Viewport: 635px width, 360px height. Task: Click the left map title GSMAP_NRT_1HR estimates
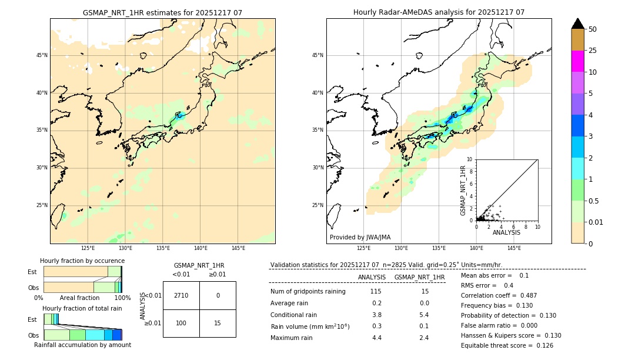pyautogui.click(x=162, y=12)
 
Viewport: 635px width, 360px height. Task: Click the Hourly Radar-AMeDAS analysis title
pyautogui.click(x=439, y=12)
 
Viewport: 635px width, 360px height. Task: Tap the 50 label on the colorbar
pyautogui.click(x=593, y=29)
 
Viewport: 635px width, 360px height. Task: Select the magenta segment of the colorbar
pyautogui.click(x=578, y=61)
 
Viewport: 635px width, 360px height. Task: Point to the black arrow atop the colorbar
pyautogui.click(x=578, y=24)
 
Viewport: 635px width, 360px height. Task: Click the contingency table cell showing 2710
pyautogui.click(x=181, y=295)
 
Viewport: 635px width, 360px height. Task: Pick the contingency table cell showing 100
pyautogui.click(x=181, y=324)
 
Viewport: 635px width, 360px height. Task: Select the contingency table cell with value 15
pyautogui.click(x=218, y=324)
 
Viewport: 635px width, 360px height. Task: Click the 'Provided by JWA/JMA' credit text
pyautogui.click(x=360, y=238)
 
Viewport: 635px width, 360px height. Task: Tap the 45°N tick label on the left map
pyautogui.click(x=42, y=55)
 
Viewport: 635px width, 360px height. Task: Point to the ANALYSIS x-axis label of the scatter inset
pyautogui.click(x=506, y=232)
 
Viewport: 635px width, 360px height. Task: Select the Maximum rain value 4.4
pyautogui.click(x=376, y=338)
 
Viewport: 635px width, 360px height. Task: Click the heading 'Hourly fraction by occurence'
pyautogui.click(x=82, y=261)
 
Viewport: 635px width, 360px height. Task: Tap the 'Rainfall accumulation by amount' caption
pyautogui.click(x=82, y=345)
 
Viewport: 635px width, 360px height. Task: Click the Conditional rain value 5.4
pyautogui.click(x=424, y=314)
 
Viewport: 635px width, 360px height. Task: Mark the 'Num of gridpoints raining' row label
pyautogui.click(x=308, y=292)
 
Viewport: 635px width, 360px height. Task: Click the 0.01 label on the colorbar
pyautogui.click(x=596, y=222)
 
